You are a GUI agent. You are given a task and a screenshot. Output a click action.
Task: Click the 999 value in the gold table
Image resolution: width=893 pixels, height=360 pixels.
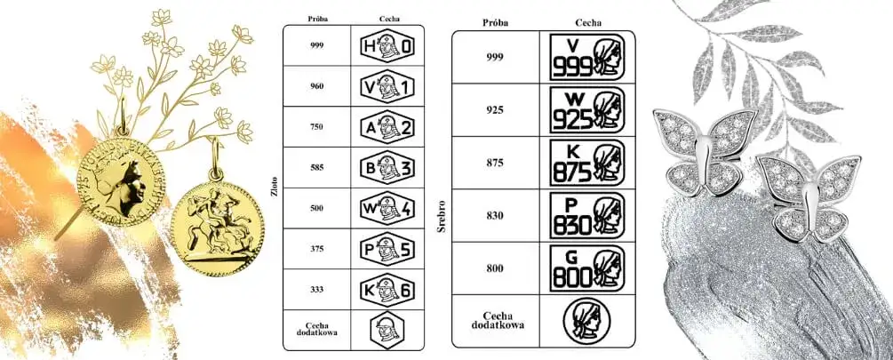click(317, 45)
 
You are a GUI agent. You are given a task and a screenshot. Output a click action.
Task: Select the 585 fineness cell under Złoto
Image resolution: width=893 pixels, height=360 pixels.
click(317, 167)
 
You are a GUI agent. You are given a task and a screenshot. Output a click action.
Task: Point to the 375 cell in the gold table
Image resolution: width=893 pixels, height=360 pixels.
click(317, 249)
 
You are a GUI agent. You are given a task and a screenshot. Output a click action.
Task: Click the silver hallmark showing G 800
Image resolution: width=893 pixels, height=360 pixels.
click(586, 268)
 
